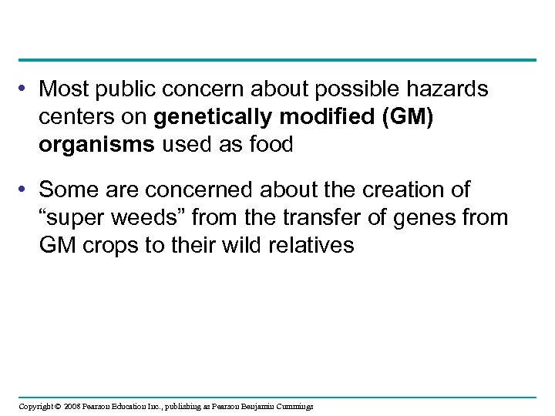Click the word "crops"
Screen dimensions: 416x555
pos(109,247)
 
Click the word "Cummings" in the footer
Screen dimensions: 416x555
pos(294,406)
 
